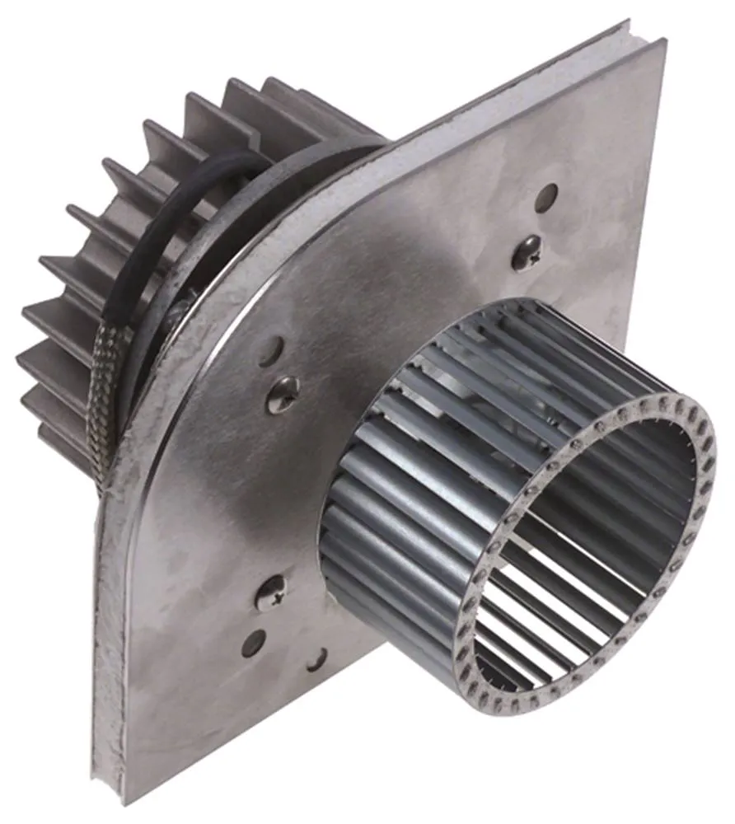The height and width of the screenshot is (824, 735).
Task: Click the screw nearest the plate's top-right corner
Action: click(x=526, y=252)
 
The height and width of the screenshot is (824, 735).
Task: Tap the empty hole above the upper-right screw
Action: click(x=545, y=197)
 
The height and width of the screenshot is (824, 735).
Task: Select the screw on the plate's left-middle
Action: click(x=282, y=395)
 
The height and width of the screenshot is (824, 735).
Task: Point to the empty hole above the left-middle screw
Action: click(x=270, y=351)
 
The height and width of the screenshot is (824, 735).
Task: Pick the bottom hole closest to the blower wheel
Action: click(x=316, y=658)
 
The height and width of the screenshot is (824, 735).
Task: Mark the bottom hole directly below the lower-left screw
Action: click(x=253, y=643)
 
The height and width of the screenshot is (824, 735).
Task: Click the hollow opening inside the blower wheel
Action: click(x=593, y=536)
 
